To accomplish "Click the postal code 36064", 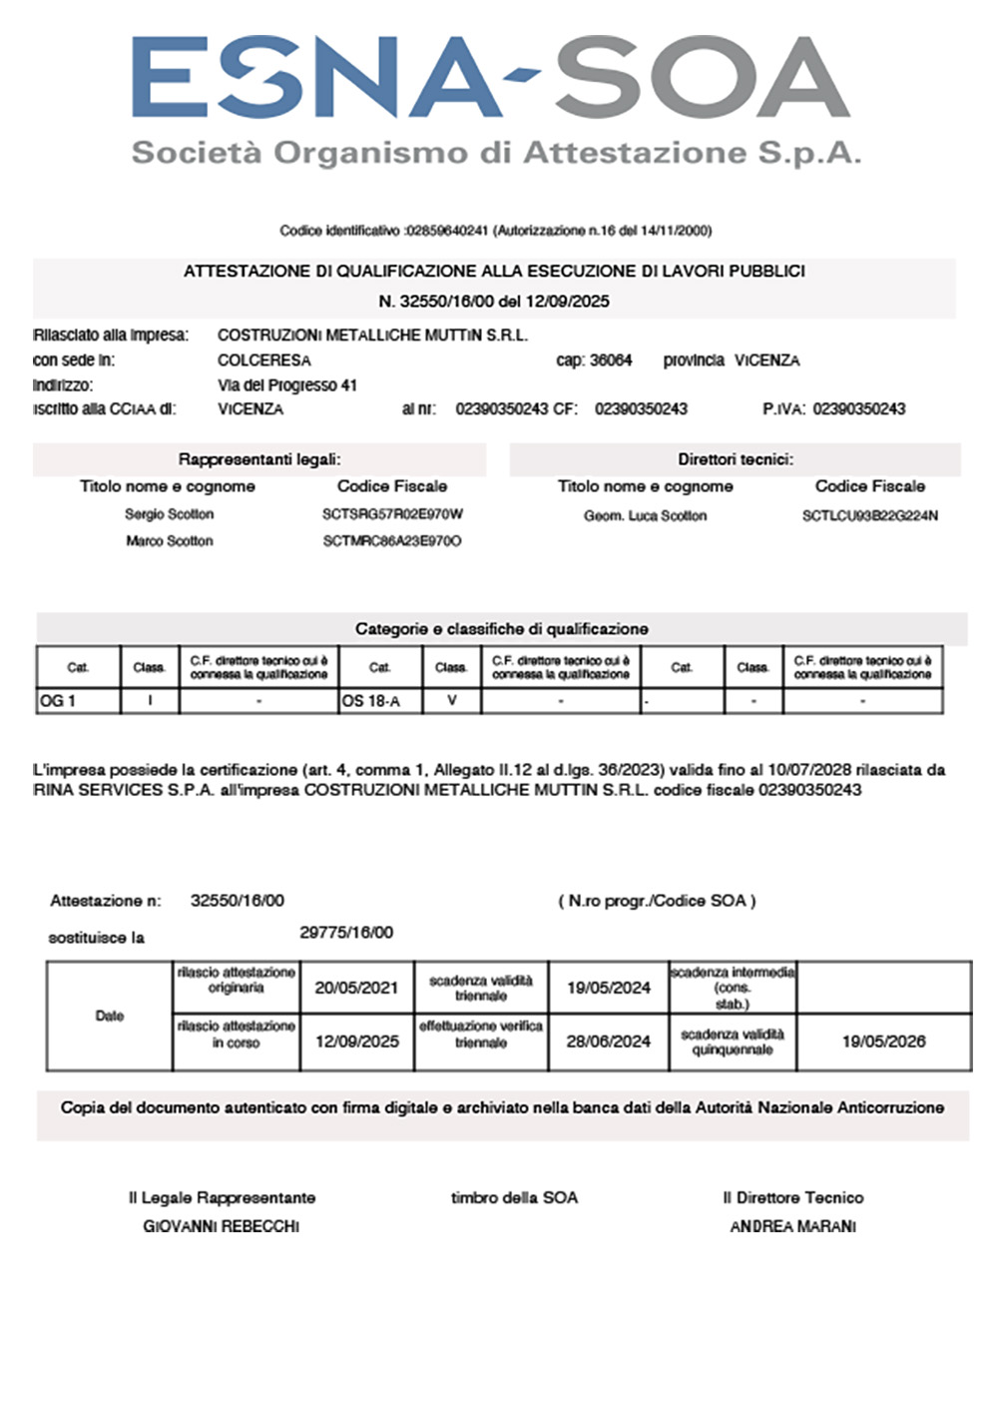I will pos(609,360).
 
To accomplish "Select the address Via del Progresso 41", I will pos(287,385).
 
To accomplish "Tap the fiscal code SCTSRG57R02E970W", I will pos(392,515).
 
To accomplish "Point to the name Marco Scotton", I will pos(170,541).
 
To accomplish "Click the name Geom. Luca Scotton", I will pos(645,516).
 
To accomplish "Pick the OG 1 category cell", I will pos(78,701).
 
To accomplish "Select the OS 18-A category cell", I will pos(380,701).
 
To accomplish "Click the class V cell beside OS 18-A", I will pos(451,701).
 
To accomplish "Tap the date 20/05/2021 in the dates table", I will pos(356,988).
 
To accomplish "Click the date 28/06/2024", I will pos(608,1042).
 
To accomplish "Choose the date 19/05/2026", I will pos(883,1042).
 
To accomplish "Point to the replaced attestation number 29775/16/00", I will pos(346,933).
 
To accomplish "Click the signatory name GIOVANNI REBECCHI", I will pos(222,1226).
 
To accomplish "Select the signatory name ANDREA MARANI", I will pos(793,1226).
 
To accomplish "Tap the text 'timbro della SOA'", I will pos(514,1197).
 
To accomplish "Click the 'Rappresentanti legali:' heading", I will pos(259,459).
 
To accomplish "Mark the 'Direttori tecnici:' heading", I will pos(736,459).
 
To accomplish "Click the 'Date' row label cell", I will pos(110,1016).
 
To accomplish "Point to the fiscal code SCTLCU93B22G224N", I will pos(870,516).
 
